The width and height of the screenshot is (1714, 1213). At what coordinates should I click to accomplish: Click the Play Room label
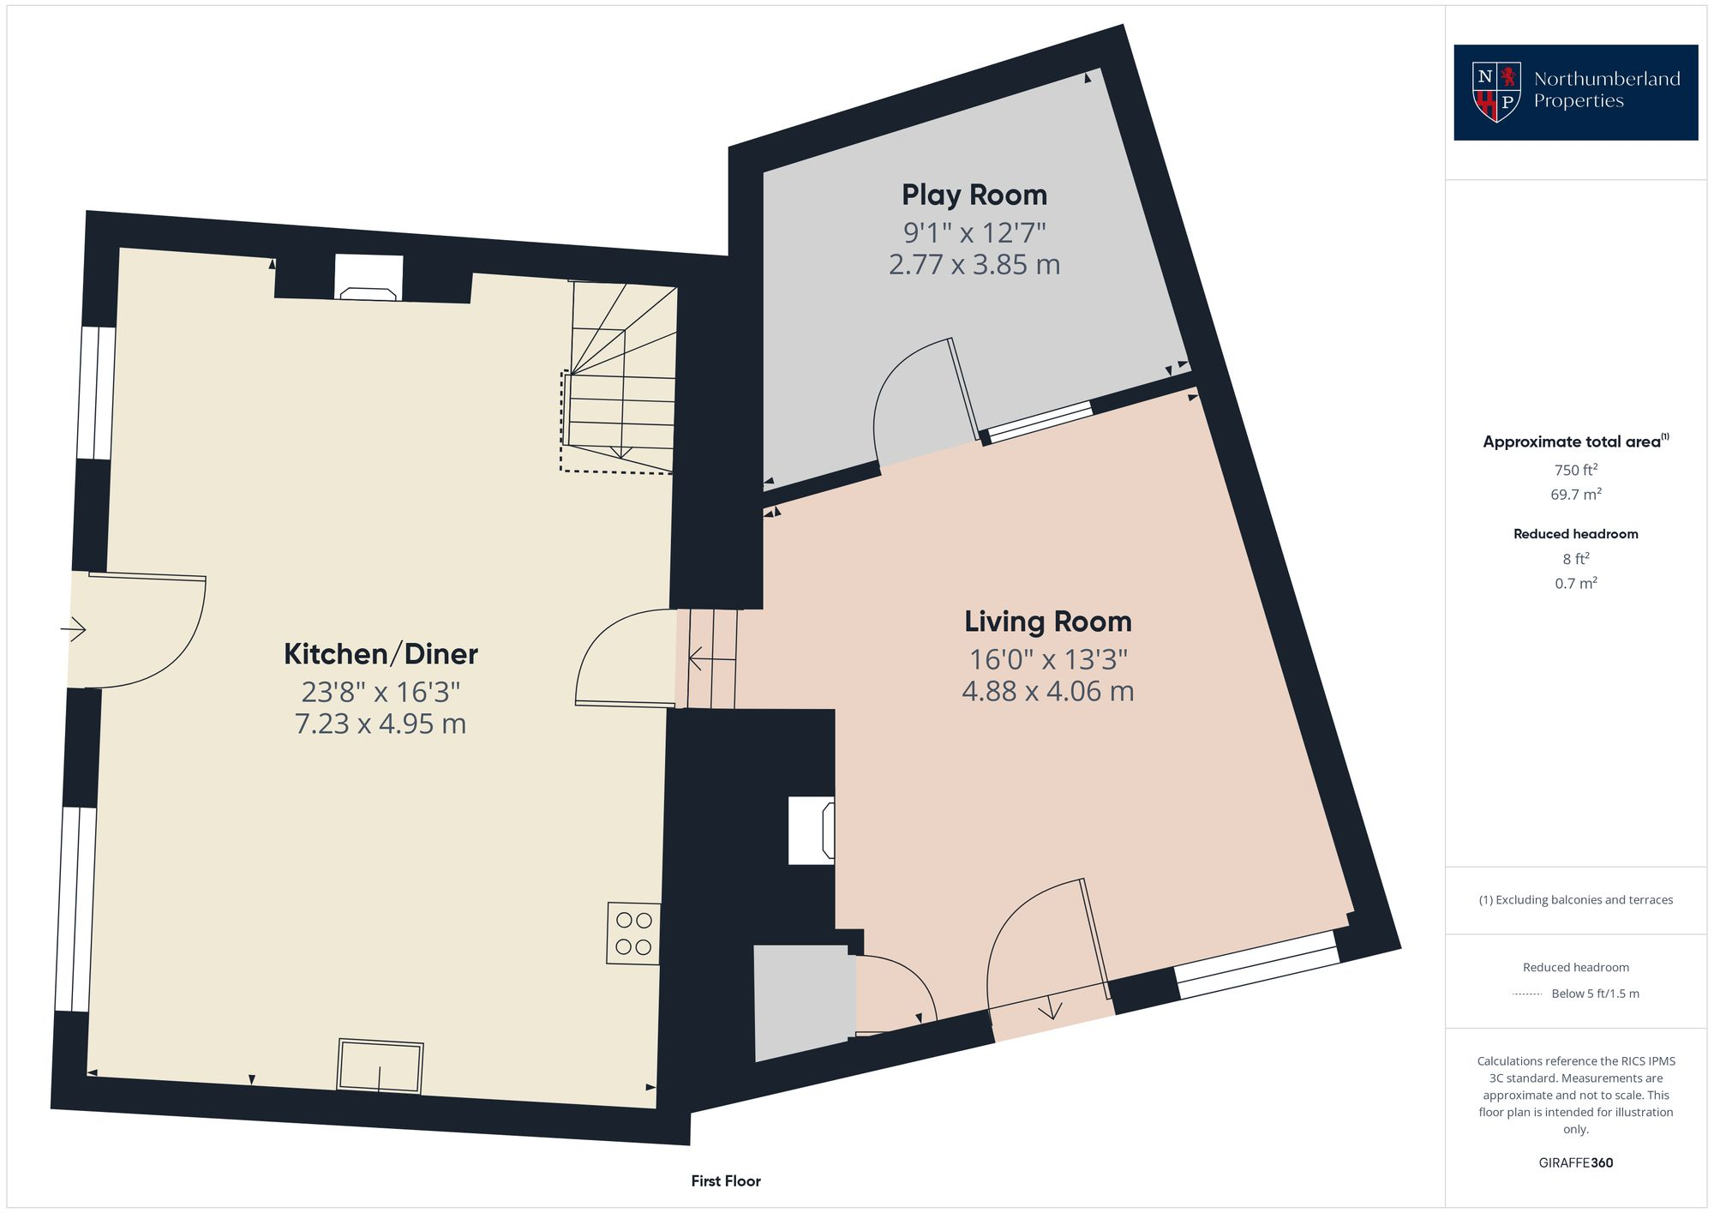pyautogui.click(x=974, y=195)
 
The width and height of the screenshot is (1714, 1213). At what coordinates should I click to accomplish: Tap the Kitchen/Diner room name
pyautogui.click(x=381, y=654)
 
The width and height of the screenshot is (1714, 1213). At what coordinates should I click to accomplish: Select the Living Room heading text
pyautogui.click(x=1047, y=622)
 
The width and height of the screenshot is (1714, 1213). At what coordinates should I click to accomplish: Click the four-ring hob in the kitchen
pyautogui.click(x=633, y=934)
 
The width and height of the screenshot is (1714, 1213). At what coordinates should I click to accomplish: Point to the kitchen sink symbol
pyautogui.click(x=381, y=1066)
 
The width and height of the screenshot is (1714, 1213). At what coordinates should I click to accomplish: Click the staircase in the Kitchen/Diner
pyautogui.click(x=621, y=377)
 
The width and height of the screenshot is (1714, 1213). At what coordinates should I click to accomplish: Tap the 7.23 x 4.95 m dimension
pyautogui.click(x=381, y=724)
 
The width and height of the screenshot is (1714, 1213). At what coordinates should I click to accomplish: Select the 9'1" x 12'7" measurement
pyautogui.click(x=974, y=232)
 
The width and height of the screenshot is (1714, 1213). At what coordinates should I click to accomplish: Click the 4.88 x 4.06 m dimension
pyautogui.click(x=1047, y=691)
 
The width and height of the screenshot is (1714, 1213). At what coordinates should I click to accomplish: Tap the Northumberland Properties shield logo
pyautogui.click(x=1495, y=92)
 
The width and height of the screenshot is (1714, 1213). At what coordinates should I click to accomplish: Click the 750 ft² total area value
pyautogui.click(x=1575, y=470)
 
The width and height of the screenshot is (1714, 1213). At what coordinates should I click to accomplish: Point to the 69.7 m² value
pyautogui.click(x=1575, y=495)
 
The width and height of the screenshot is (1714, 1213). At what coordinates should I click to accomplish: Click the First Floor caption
pyautogui.click(x=726, y=1181)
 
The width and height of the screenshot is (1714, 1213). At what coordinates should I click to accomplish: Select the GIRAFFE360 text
pyautogui.click(x=1575, y=1163)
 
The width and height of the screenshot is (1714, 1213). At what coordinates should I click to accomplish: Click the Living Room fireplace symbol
pyautogui.click(x=812, y=830)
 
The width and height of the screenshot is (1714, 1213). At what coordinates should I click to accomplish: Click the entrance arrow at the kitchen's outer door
pyautogui.click(x=74, y=630)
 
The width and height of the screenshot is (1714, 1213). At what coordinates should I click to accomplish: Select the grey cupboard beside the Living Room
pyautogui.click(x=804, y=1001)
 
